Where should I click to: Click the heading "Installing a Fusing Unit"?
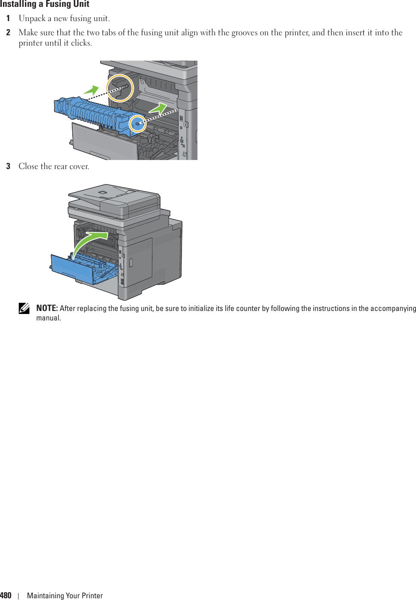[x=45, y=4]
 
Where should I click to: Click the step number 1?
[x=8, y=18]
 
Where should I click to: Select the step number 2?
[x=8, y=33]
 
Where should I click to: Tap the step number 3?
[x=8, y=166]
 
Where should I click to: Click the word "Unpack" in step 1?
[x=32, y=18]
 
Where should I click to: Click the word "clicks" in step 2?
[x=81, y=43]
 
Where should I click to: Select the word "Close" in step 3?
[x=28, y=166]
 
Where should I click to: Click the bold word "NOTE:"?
[x=47, y=308]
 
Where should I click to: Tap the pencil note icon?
[x=24, y=308]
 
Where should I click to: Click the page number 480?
[x=6, y=595]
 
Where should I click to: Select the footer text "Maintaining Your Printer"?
[x=65, y=596]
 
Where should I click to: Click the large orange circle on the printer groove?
[x=120, y=88]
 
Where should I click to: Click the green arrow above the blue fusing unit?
[x=91, y=90]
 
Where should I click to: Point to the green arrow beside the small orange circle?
[x=158, y=108]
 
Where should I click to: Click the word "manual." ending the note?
[x=49, y=318]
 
